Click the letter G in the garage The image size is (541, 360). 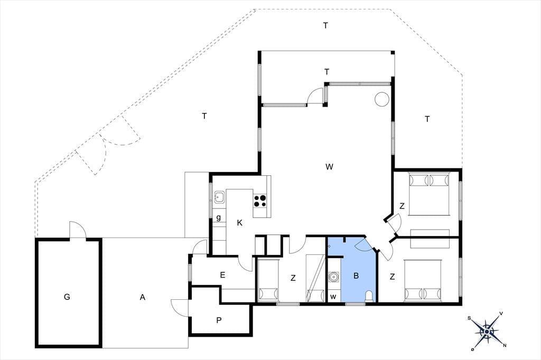pos(67,297)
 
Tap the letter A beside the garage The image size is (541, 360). pos(143,297)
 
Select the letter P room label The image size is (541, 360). pos(219,320)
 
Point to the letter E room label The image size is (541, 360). pos(222,275)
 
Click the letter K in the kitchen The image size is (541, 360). pos(239,223)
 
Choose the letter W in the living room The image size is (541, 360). pos(329,167)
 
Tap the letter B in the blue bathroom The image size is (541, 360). pos(356,276)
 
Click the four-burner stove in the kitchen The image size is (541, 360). pos(260,201)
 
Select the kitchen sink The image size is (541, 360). pos(219,197)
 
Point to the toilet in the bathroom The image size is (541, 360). pos(369,296)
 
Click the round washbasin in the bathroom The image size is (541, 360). pos(333,277)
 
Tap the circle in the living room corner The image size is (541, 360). pos(382,99)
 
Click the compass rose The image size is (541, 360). pos(487,331)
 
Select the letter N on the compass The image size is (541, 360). pos(505,346)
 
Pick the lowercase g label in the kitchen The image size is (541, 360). pos(218,218)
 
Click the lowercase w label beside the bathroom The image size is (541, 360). pos(333,297)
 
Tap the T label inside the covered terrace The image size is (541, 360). pos(327,72)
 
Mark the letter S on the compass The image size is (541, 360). pos(469,318)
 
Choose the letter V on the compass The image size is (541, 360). pos(501,314)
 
